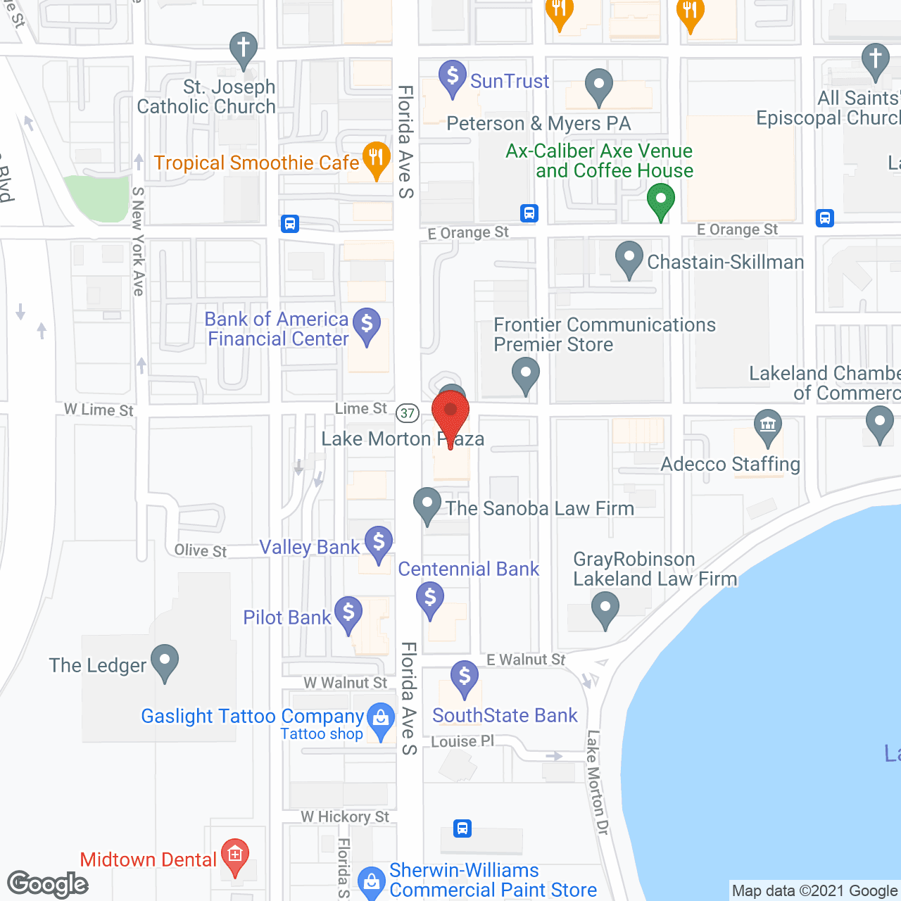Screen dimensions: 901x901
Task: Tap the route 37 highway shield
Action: pyautogui.click(x=408, y=413)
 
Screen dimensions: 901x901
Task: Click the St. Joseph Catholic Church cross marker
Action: pyautogui.click(x=243, y=50)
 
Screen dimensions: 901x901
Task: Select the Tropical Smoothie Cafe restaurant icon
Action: pyautogui.click(x=377, y=160)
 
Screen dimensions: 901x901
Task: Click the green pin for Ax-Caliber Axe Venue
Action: pyautogui.click(x=660, y=201)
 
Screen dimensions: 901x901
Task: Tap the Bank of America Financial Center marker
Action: pyautogui.click(x=367, y=326)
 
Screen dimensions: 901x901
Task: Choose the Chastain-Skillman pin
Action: pyautogui.click(x=629, y=259)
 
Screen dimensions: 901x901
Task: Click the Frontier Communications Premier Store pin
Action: pyautogui.click(x=525, y=374)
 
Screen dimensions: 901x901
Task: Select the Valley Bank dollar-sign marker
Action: pyautogui.click(x=379, y=544)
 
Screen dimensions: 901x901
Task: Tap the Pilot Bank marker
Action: pyautogui.click(x=348, y=614)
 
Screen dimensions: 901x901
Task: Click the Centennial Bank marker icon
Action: pyautogui.click(x=430, y=599)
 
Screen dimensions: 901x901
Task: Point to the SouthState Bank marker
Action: pyautogui.click(x=464, y=678)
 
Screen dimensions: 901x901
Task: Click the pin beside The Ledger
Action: pyautogui.click(x=165, y=662)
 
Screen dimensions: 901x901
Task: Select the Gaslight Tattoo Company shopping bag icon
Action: pyautogui.click(x=382, y=720)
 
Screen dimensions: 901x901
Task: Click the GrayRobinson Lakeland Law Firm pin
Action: pyautogui.click(x=605, y=608)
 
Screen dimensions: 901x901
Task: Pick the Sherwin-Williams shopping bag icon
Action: pyautogui.click(x=371, y=883)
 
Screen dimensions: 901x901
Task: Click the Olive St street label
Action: pyautogui.click(x=201, y=550)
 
